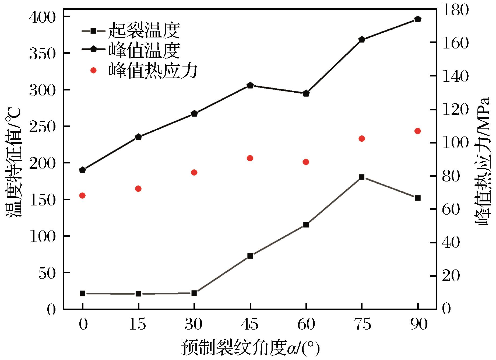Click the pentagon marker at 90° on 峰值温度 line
pos(418,19)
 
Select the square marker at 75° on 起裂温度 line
pos(362,177)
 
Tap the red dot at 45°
pos(250,158)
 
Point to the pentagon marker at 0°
pos(82,170)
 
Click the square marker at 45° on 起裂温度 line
pos(250,256)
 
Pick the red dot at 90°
pos(418,131)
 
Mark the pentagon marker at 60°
pos(306,94)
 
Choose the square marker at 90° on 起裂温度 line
pos(418,198)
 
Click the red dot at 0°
pos(82,195)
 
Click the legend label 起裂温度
pos(144,31)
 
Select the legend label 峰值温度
pos(144,50)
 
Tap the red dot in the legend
pos(93,70)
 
